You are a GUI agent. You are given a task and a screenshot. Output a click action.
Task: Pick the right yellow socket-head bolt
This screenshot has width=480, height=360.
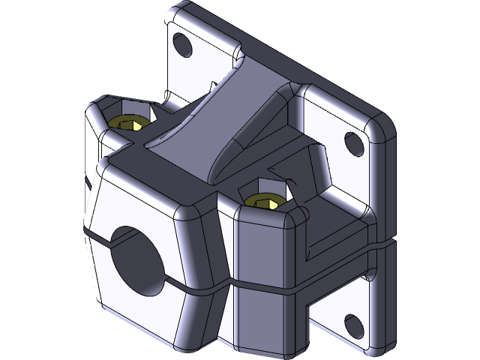click(x=265, y=201)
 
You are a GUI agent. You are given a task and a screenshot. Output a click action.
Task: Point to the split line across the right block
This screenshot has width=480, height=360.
click(x=262, y=286)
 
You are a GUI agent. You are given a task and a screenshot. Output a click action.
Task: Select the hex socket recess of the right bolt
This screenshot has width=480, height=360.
click(x=265, y=201)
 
